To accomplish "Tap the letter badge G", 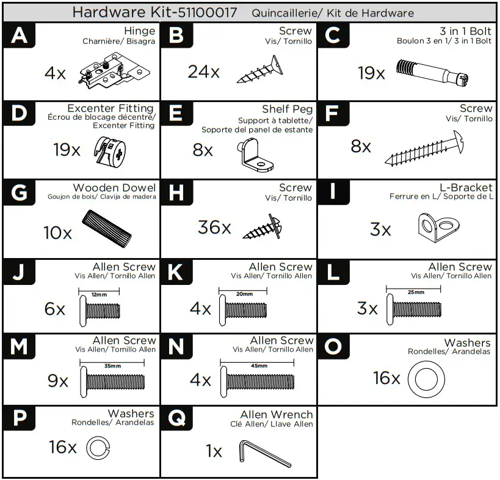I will coord(20,193).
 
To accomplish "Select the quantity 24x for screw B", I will coord(203,72).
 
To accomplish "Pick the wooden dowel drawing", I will coord(106,227).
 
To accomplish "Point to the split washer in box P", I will coord(98,448).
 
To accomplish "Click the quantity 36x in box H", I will coord(214,227).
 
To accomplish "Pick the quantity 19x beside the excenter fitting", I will coord(67,150).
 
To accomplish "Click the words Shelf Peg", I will coord(288,109).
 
